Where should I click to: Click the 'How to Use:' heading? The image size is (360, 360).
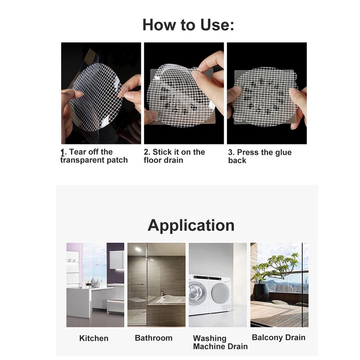pos(188,25)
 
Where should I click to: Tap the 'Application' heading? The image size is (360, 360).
pos(191,226)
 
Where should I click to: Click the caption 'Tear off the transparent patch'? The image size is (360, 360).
pos(94,156)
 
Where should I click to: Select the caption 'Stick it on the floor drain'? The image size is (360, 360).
pos(174,156)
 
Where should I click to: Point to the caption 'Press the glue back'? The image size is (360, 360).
pos(260,156)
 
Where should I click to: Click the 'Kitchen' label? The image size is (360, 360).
pos(94,338)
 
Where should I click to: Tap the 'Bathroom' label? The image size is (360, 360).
pos(153,338)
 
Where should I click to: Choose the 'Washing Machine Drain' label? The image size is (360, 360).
pos(220,342)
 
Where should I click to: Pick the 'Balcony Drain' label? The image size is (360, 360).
pos(279,337)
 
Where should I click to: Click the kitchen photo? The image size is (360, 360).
pos(95,285)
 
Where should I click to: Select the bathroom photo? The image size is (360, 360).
pos(156,285)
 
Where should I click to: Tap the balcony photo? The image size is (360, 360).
pos(279,285)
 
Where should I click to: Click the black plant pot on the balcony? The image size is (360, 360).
pos(261,292)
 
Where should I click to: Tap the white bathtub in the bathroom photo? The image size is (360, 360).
pos(171,299)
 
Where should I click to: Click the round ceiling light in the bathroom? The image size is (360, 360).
pos(138,249)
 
